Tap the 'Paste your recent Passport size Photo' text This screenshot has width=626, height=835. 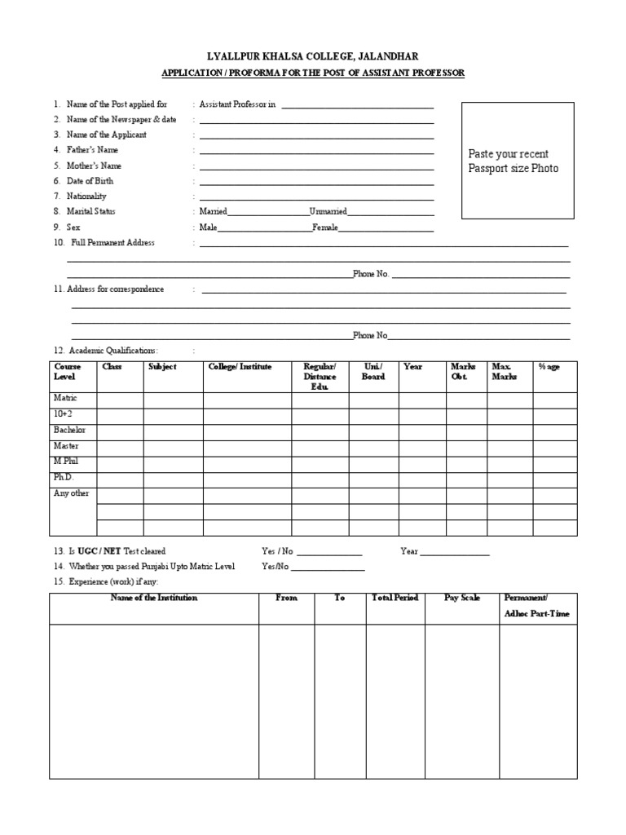click(x=514, y=161)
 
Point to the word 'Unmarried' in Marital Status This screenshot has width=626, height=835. click(x=328, y=212)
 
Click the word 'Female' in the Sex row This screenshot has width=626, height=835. click(x=325, y=228)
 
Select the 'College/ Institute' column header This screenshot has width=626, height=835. click(x=240, y=367)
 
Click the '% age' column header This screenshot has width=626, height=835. click(x=549, y=367)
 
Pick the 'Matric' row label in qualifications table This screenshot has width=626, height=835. click(x=65, y=400)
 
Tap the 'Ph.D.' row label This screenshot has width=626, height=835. click(x=64, y=477)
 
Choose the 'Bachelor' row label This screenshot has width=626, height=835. click(x=69, y=431)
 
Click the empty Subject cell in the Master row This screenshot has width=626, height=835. click(x=173, y=447)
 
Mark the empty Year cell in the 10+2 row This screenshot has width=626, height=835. click(x=421, y=416)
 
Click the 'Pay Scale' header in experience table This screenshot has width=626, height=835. click(x=461, y=598)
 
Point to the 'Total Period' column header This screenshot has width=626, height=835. click(x=395, y=598)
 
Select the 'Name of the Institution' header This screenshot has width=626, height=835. click(x=154, y=598)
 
